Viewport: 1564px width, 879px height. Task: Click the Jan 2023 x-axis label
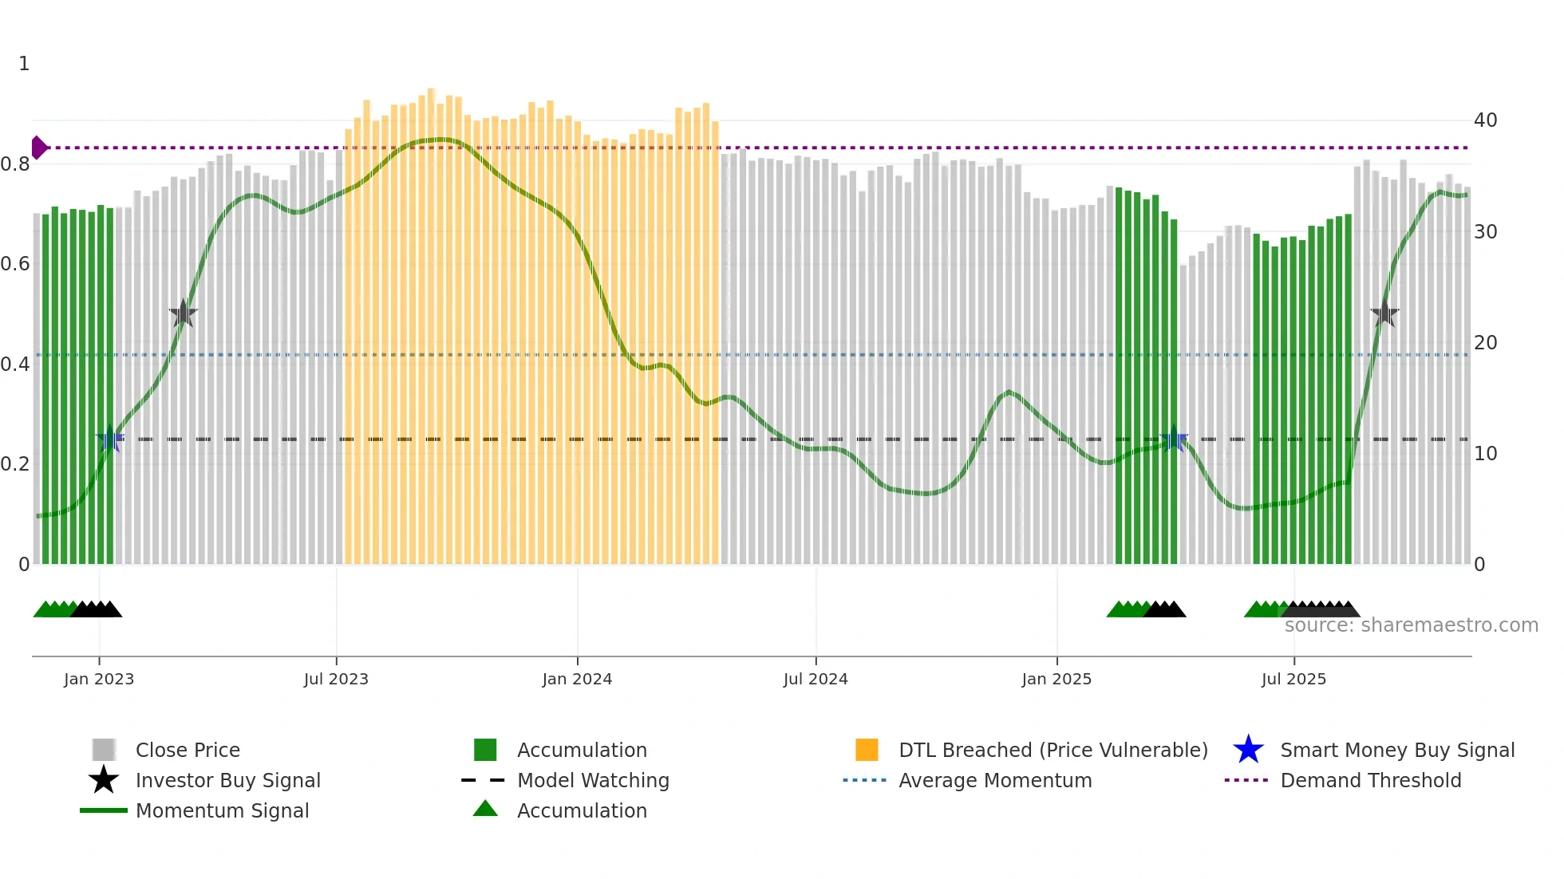pyautogui.click(x=99, y=679)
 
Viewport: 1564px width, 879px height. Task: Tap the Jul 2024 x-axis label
pyautogui.click(x=815, y=679)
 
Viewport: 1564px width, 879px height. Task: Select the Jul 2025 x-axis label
pyautogui.click(x=1293, y=679)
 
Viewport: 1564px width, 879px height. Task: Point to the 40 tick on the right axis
pyautogui.click(x=1485, y=120)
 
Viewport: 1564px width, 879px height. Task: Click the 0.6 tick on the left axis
pyautogui.click(x=15, y=264)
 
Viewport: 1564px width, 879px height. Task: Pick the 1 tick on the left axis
pyautogui.click(x=24, y=64)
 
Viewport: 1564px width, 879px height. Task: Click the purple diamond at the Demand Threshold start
pyautogui.click(x=38, y=148)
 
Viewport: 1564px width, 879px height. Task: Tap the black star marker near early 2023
pyautogui.click(x=183, y=314)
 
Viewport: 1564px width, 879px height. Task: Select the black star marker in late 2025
pyautogui.click(x=1384, y=314)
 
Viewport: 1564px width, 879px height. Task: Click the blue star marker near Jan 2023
pyautogui.click(x=110, y=439)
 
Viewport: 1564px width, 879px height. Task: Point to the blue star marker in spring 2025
pyautogui.click(x=1173, y=439)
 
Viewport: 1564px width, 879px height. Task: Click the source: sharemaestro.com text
pyautogui.click(x=1411, y=625)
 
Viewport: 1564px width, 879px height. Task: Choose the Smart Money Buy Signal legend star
pyautogui.click(x=1248, y=750)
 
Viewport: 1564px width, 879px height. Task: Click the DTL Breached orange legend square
pyautogui.click(x=867, y=750)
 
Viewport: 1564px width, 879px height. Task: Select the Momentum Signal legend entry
pyautogui.click(x=222, y=810)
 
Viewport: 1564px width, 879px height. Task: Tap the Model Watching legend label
pyautogui.click(x=593, y=780)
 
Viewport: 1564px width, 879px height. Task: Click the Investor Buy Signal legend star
pyautogui.click(x=104, y=780)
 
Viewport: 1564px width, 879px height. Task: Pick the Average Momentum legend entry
pyautogui.click(x=995, y=780)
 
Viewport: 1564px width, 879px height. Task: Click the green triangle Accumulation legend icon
pyautogui.click(x=485, y=809)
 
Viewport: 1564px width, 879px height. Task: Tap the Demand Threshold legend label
pyautogui.click(x=1370, y=780)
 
